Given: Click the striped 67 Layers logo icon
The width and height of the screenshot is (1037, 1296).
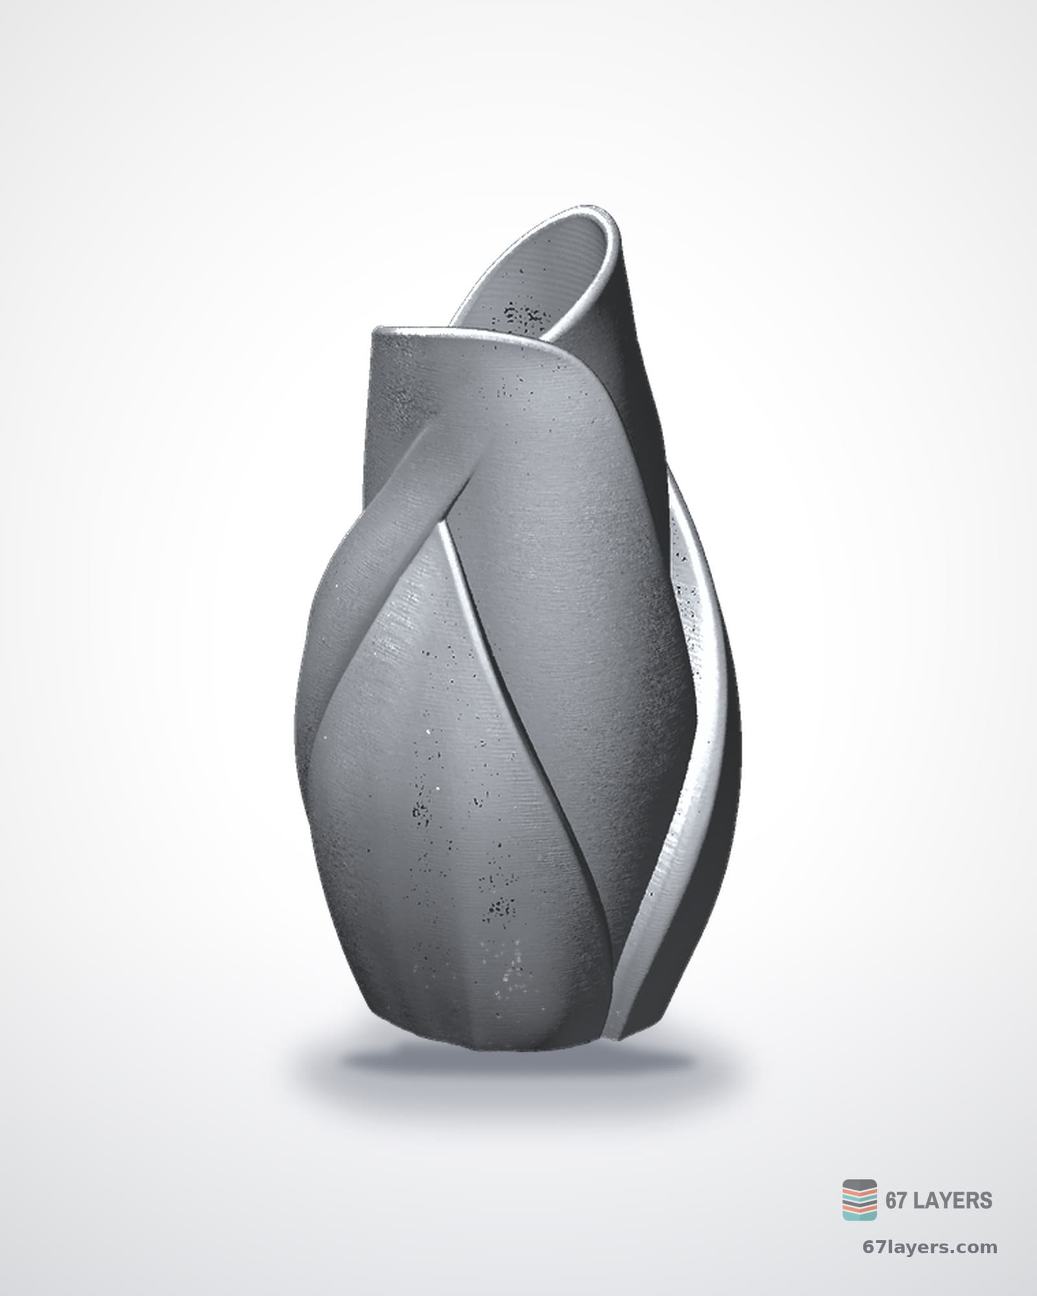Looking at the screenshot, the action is (x=859, y=1199).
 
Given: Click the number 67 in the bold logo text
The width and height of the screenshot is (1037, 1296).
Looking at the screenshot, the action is (x=896, y=1200).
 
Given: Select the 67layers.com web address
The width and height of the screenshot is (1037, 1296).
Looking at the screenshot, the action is (x=930, y=1247).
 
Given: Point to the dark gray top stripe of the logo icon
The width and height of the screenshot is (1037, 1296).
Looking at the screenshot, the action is (x=859, y=1185).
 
